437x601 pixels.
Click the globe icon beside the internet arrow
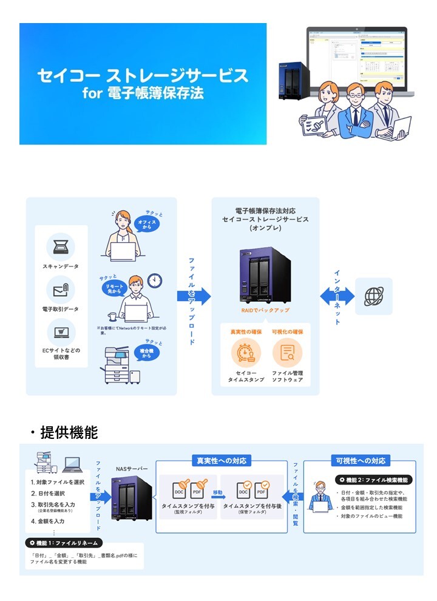click(x=373, y=296)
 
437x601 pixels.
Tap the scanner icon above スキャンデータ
click(x=61, y=246)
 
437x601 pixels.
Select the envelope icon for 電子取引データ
click(x=61, y=289)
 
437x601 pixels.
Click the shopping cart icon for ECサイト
click(x=61, y=331)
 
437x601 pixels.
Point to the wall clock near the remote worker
click(x=155, y=280)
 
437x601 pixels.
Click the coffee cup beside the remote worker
click(x=112, y=316)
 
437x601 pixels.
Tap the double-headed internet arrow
click(x=337, y=296)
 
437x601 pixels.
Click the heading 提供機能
click(x=69, y=432)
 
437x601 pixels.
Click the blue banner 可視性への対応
click(x=360, y=460)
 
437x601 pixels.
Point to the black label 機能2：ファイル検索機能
click(x=374, y=480)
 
